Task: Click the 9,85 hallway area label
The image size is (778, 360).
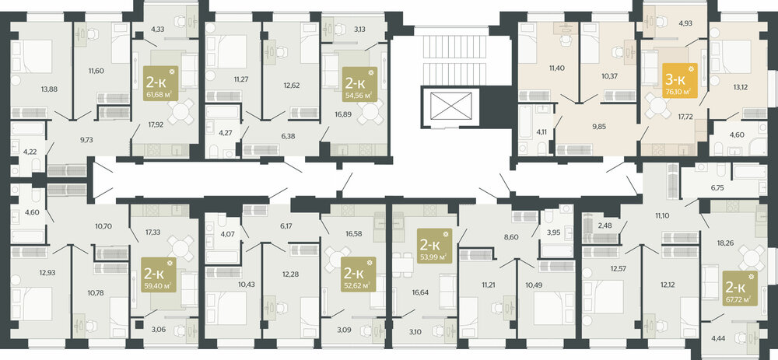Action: pyautogui.click(x=595, y=126)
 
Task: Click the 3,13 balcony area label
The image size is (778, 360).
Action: pyautogui.click(x=359, y=29)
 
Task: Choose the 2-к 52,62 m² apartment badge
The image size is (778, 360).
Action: pyautogui.click(x=358, y=274)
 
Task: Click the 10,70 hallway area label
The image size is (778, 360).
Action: pyautogui.click(x=103, y=226)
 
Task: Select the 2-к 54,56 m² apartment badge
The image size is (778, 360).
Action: pyautogui.click(x=359, y=84)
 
